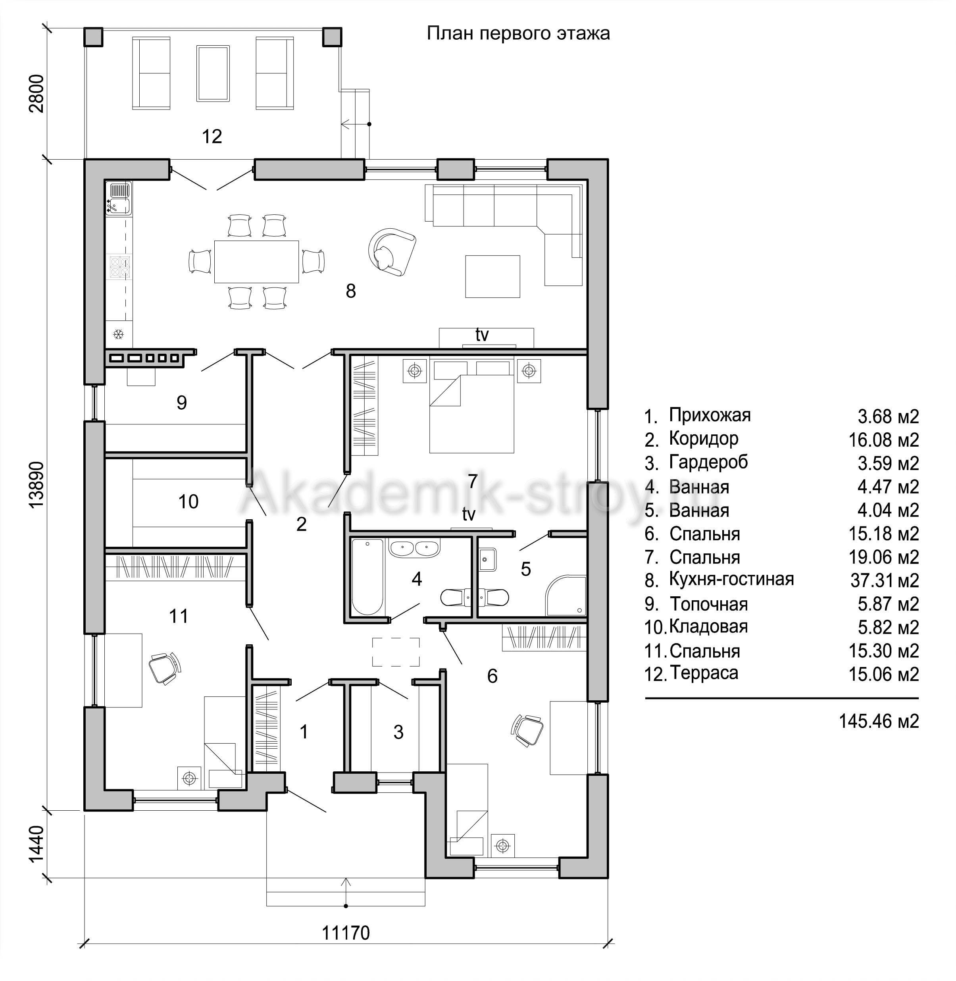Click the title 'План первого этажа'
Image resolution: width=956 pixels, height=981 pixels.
[x=518, y=34]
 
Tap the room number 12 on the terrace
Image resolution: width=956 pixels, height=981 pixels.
[x=212, y=136]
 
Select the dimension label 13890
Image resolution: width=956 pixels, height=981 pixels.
[x=37, y=485]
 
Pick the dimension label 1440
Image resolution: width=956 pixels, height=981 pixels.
[x=37, y=844]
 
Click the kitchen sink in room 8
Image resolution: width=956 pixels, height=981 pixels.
[x=119, y=199]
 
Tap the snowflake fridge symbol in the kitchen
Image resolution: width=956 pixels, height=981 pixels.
[x=119, y=333]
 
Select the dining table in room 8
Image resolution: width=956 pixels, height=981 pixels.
[x=257, y=262]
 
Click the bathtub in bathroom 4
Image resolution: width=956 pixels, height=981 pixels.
[x=367, y=576]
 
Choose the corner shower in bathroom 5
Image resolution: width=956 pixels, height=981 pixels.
[x=566, y=596]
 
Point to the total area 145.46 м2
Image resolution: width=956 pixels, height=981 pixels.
[x=879, y=721]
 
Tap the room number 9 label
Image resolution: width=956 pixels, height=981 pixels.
[x=182, y=402]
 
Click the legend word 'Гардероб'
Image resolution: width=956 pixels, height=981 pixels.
[x=708, y=462]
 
